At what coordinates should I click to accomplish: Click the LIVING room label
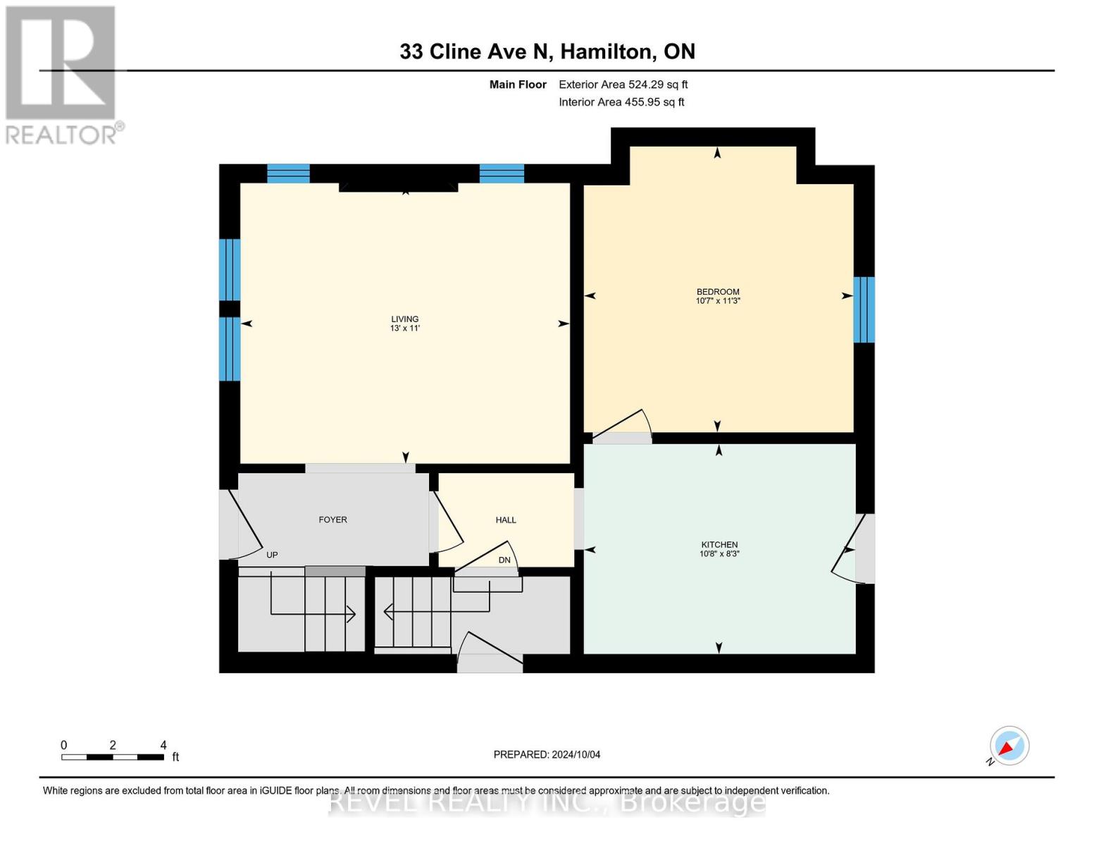(x=404, y=319)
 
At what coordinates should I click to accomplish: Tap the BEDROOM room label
(x=717, y=292)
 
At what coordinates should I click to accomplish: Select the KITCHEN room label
(x=719, y=544)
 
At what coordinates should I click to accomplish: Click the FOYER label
(x=332, y=520)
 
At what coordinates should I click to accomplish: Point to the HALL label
(x=506, y=520)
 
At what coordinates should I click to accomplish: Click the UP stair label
(x=272, y=555)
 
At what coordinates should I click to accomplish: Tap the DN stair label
(x=504, y=560)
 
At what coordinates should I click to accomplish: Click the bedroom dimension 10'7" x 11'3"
(x=717, y=301)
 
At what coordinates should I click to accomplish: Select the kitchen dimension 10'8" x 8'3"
(x=719, y=554)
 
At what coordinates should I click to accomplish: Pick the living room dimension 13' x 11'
(x=404, y=329)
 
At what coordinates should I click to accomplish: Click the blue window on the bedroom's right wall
(x=864, y=309)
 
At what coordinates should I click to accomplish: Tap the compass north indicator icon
(x=1009, y=746)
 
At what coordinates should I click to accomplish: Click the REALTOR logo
(x=62, y=74)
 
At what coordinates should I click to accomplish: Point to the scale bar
(x=113, y=757)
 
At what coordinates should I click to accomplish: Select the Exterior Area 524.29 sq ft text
(x=623, y=85)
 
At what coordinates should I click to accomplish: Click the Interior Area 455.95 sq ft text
(x=621, y=102)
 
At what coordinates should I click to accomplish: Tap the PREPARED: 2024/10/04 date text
(x=547, y=754)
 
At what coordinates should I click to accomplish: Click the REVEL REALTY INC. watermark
(x=547, y=802)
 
